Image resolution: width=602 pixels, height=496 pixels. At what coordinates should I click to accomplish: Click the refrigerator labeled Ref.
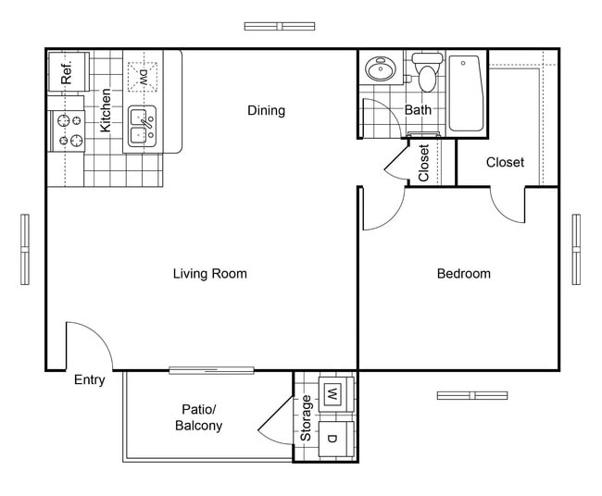pos(68,72)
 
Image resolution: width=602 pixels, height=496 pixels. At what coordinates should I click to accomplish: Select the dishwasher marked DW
pos(144,76)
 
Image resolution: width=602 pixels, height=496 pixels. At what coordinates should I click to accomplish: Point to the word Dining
pos(266,111)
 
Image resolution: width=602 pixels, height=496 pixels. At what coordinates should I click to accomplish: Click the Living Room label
pos(210,274)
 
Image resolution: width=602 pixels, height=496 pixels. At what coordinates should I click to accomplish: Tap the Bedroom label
pos(463,274)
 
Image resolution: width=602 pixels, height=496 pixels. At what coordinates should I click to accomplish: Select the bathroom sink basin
pos(379,70)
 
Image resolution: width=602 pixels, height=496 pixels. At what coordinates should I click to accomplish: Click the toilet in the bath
pos(426,74)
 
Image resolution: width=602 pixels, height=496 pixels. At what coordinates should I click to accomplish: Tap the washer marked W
pos(332,395)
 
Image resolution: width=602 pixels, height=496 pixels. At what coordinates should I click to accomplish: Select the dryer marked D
pos(332,437)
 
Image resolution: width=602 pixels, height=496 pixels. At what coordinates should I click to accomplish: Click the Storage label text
pos(307,418)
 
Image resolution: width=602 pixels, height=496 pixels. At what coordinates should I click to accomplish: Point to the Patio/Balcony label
pos(198,417)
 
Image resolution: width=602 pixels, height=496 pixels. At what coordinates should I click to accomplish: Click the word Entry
pos(89,379)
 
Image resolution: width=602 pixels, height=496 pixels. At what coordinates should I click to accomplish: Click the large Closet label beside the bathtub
pos(505,162)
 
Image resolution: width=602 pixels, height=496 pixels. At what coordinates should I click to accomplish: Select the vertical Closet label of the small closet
pos(424,163)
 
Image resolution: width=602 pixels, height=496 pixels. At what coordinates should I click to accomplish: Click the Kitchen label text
pos(107,109)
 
